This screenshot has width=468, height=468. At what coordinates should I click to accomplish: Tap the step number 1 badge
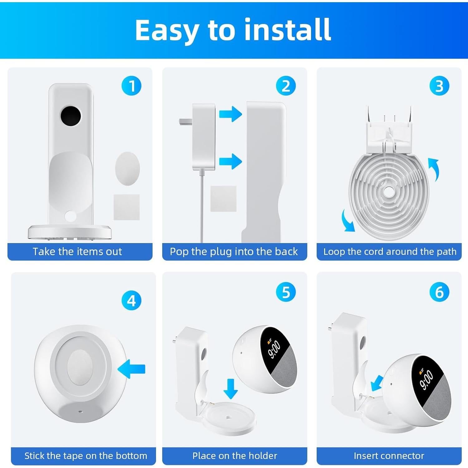[x=131, y=86]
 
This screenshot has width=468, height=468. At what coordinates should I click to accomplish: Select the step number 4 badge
[x=131, y=300]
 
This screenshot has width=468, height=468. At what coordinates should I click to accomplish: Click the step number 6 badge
[x=439, y=292]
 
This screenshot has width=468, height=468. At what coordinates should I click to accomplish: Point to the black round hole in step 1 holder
[x=71, y=116]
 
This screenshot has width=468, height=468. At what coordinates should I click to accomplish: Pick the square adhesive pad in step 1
[x=126, y=207]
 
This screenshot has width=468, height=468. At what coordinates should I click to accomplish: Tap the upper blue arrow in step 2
[x=231, y=114]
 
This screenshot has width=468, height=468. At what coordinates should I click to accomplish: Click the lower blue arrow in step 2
[x=231, y=161]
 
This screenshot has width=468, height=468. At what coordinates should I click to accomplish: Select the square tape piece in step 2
[x=223, y=199]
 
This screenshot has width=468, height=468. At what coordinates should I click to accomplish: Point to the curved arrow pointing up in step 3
[x=434, y=168]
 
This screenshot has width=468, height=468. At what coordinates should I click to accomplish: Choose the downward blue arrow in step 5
[x=231, y=388]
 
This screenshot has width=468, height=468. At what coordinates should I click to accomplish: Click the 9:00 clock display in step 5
[x=274, y=349]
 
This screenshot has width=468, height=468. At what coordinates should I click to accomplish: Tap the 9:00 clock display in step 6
[x=426, y=380]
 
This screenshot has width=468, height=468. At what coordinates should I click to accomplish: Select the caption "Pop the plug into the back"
[x=234, y=251]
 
